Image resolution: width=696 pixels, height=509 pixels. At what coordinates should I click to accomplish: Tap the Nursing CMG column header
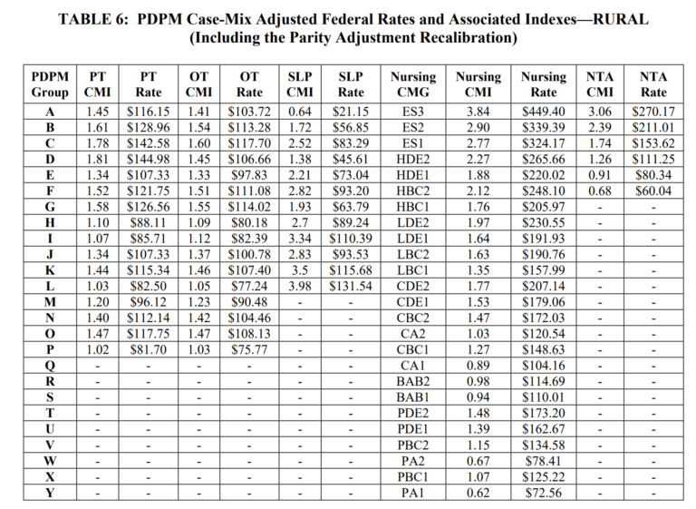coord(412,84)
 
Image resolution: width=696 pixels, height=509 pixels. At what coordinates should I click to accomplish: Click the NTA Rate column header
coord(652,84)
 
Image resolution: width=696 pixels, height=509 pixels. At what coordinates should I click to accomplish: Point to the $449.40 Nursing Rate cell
coord(543,111)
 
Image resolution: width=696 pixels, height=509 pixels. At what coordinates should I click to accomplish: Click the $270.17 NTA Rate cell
coord(652,111)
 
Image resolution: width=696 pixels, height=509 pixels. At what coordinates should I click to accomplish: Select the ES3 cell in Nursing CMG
coord(412,111)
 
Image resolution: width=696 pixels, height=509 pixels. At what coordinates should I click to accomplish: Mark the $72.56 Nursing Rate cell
coord(543,493)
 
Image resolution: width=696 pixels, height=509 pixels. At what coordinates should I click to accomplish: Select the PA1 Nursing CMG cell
coord(412,493)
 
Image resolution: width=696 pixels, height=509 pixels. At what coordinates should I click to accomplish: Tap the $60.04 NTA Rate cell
coord(652,191)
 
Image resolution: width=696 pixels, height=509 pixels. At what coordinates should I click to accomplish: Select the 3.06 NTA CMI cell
coord(599,111)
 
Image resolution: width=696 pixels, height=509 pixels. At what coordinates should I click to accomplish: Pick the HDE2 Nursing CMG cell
coord(412,159)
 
